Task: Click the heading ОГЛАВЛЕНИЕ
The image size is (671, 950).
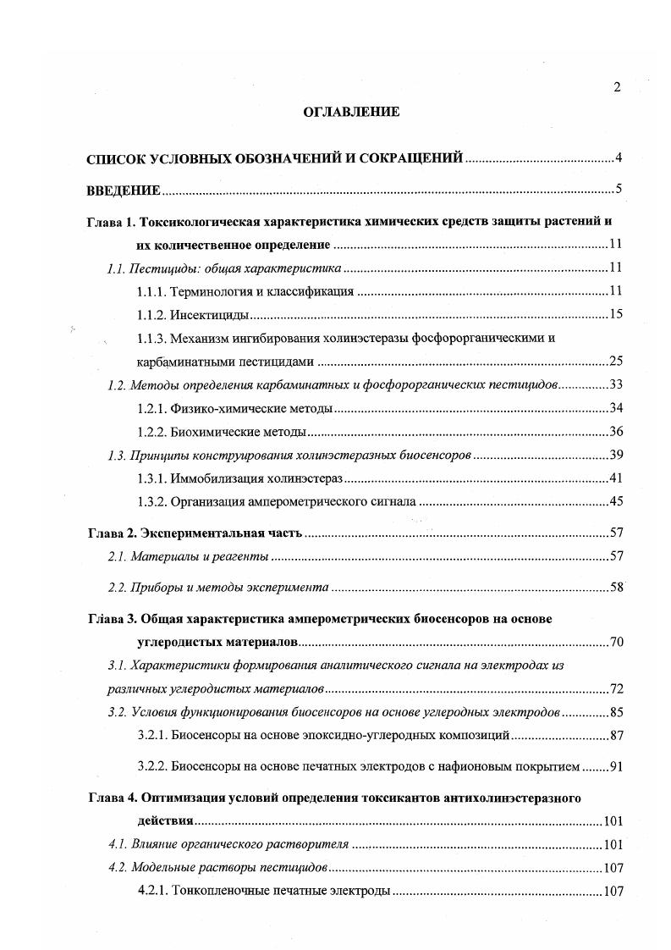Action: [x=350, y=111]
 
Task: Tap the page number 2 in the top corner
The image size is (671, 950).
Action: [x=617, y=87]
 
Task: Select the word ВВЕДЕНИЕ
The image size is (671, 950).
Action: [x=124, y=190]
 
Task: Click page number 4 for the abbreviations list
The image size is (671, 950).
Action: [x=619, y=157]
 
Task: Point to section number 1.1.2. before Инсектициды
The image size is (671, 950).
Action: [x=151, y=315]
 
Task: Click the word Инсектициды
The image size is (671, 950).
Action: [x=210, y=315]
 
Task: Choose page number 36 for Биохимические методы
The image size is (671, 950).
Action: [x=615, y=431]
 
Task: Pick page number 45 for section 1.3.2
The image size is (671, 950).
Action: [x=615, y=501]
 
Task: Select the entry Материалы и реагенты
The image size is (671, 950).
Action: [x=201, y=556]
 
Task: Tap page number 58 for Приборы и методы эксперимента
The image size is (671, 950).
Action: [x=615, y=587]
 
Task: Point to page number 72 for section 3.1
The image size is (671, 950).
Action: [x=615, y=688]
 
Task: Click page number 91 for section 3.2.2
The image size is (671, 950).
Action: [x=615, y=767]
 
